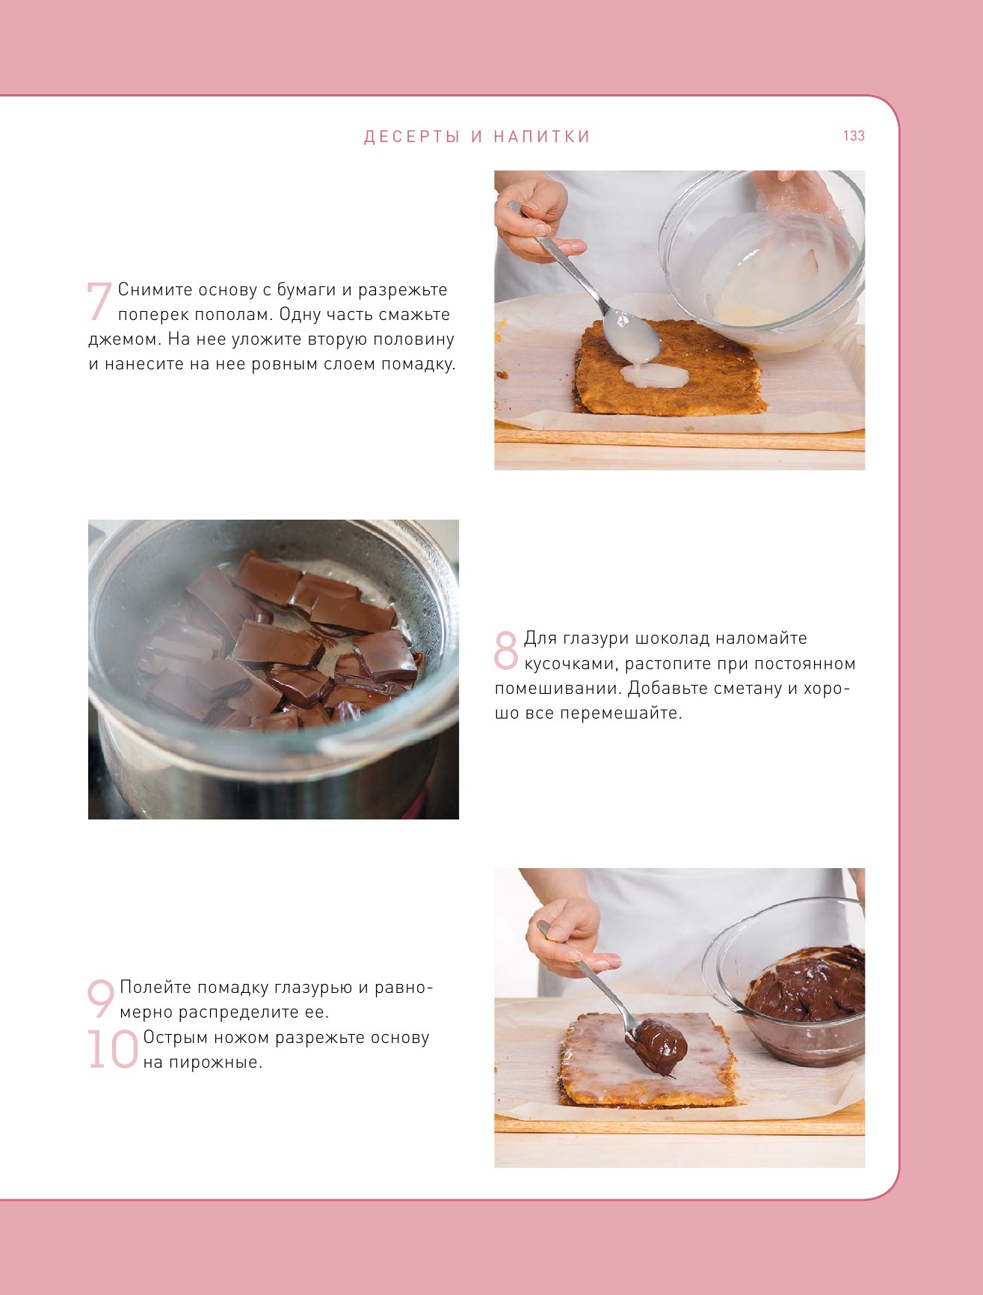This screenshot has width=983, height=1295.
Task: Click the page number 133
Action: pyautogui.click(x=854, y=136)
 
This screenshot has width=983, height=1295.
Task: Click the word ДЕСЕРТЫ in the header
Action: pyautogui.click(x=412, y=137)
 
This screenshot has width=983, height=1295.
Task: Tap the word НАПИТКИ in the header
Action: pyautogui.click(x=542, y=137)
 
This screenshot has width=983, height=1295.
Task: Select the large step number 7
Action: pyautogui.click(x=99, y=301)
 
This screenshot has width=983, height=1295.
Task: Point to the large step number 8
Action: pyautogui.click(x=506, y=650)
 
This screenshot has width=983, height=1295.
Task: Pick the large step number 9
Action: pyautogui.click(x=101, y=999)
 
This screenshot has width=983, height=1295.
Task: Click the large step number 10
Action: pyautogui.click(x=113, y=1049)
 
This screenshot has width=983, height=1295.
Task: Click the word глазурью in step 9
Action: pyautogui.click(x=313, y=988)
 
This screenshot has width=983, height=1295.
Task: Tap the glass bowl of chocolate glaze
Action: pyautogui.click(x=785, y=979)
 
